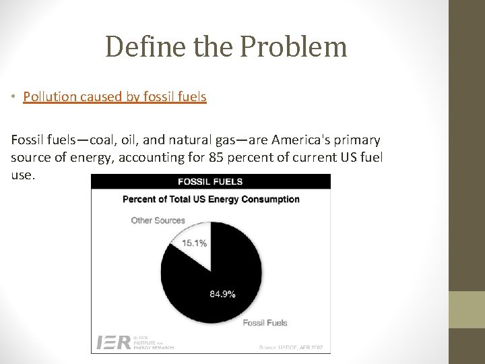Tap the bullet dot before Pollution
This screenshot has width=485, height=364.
click(x=14, y=98)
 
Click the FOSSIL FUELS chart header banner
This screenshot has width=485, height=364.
click(x=210, y=181)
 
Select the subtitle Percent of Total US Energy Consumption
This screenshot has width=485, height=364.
click(x=210, y=199)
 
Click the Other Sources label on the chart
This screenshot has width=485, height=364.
click(x=158, y=220)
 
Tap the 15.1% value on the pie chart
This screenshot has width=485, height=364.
click(x=195, y=243)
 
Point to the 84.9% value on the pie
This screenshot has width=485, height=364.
click(x=222, y=294)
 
